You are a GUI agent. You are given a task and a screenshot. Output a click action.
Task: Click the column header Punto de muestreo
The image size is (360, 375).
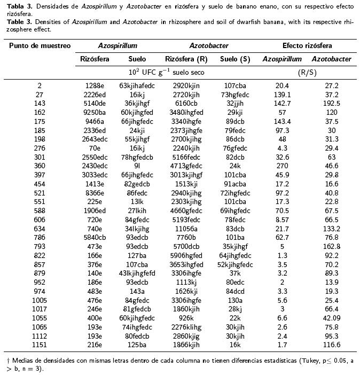40,46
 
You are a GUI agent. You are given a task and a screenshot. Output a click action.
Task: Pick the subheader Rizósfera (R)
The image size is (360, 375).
186,59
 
